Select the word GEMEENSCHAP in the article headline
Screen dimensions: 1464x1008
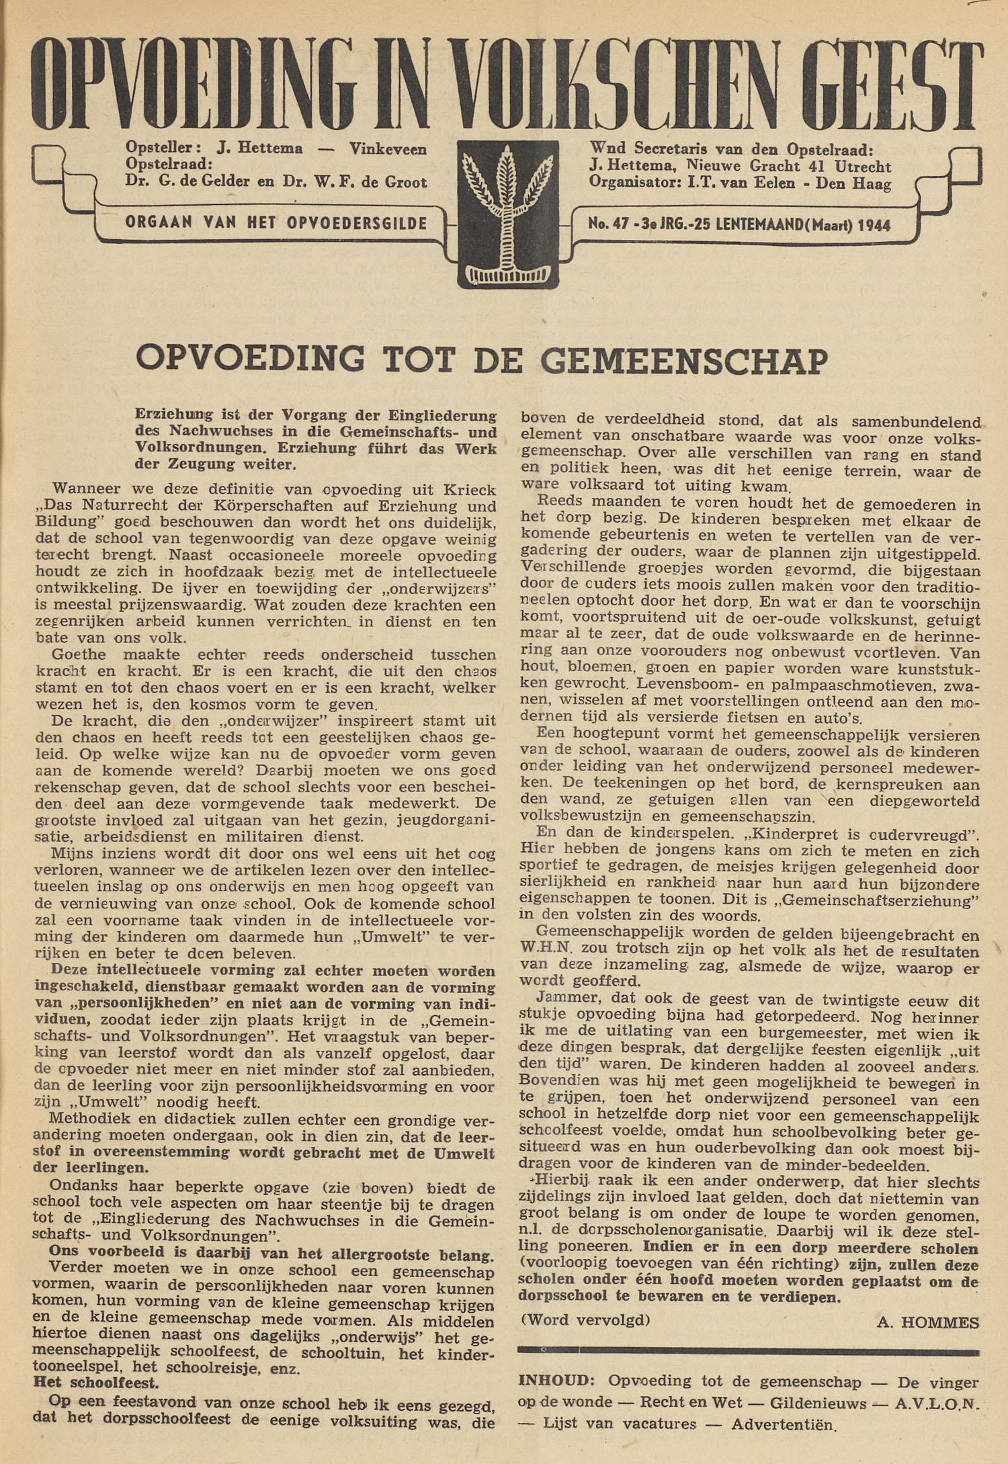(x=683, y=360)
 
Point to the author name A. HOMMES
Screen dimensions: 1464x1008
(x=927, y=1322)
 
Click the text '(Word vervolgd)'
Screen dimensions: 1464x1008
(x=585, y=1319)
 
